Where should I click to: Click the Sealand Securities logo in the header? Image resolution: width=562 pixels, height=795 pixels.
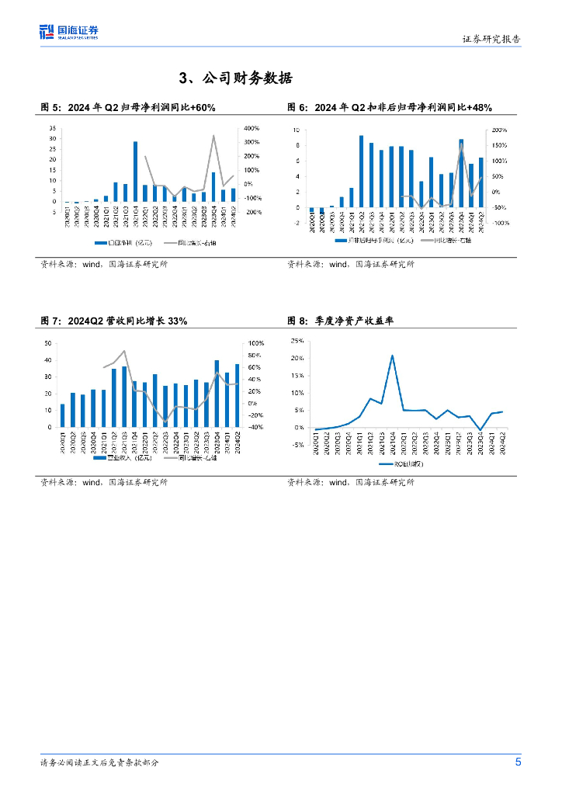[69, 32]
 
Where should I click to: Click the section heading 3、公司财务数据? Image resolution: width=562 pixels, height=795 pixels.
[235, 78]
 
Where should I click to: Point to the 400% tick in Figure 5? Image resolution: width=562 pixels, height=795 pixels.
[252, 128]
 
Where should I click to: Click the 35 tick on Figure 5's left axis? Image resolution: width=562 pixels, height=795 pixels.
[53, 128]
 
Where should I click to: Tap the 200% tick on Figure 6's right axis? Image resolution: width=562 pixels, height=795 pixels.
[500, 130]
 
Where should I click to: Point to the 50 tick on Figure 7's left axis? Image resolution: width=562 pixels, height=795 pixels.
[49, 343]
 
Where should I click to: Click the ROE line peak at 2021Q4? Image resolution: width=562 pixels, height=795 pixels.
[392, 356]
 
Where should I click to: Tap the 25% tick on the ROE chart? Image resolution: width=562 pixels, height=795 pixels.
[297, 341]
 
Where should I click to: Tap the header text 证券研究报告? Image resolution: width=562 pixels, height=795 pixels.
[491, 38]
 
